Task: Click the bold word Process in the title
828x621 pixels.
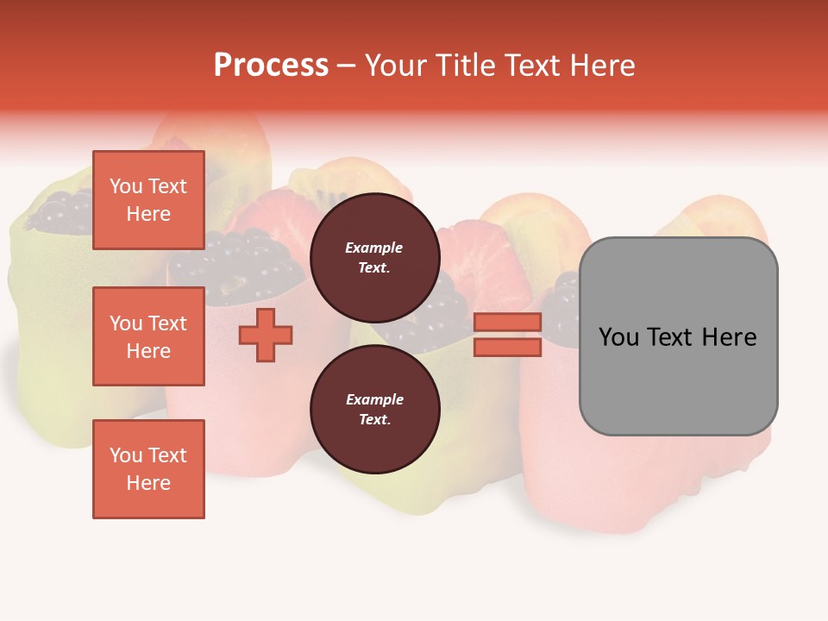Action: [271, 66]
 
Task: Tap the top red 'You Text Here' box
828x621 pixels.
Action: [148, 200]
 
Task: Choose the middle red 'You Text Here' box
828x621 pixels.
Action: [148, 336]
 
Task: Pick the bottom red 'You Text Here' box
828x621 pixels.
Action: [148, 469]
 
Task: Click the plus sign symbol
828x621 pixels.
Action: [266, 335]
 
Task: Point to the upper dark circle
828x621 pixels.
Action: [374, 257]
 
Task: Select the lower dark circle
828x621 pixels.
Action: [374, 409]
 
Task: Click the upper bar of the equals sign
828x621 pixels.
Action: [507, 322]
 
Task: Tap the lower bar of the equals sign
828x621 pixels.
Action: [507, 348]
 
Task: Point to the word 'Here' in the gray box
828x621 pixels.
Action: [729, 337]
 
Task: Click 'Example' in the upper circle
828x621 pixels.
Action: [374, 248]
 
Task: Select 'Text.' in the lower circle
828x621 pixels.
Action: [374, 420]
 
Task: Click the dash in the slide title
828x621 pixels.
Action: [347, 66]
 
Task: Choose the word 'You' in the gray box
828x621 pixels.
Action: [619, 337]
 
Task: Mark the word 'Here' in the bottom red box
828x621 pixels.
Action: [148, 483]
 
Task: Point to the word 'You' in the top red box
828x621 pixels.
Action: [126, 186]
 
